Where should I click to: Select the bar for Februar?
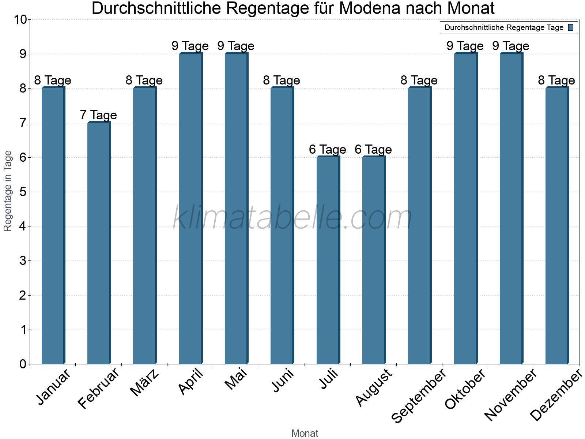click(99, 243)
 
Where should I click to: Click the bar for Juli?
click(328, 260)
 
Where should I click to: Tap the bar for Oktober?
click(465, 209)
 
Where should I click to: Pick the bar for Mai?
click(236, 209)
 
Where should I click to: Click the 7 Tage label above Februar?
click(98, 115)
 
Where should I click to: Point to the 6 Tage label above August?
click(373, 150)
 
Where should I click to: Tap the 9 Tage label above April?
click(190, 46)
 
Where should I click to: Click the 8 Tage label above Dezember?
click(556, 80)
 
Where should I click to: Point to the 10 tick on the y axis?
click(20, 20)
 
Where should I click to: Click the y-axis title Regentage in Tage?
click(8, 191)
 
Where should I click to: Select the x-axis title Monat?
click(305, 433)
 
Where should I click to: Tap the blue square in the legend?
click(571, 27)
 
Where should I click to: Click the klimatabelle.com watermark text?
click(292, 218)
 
